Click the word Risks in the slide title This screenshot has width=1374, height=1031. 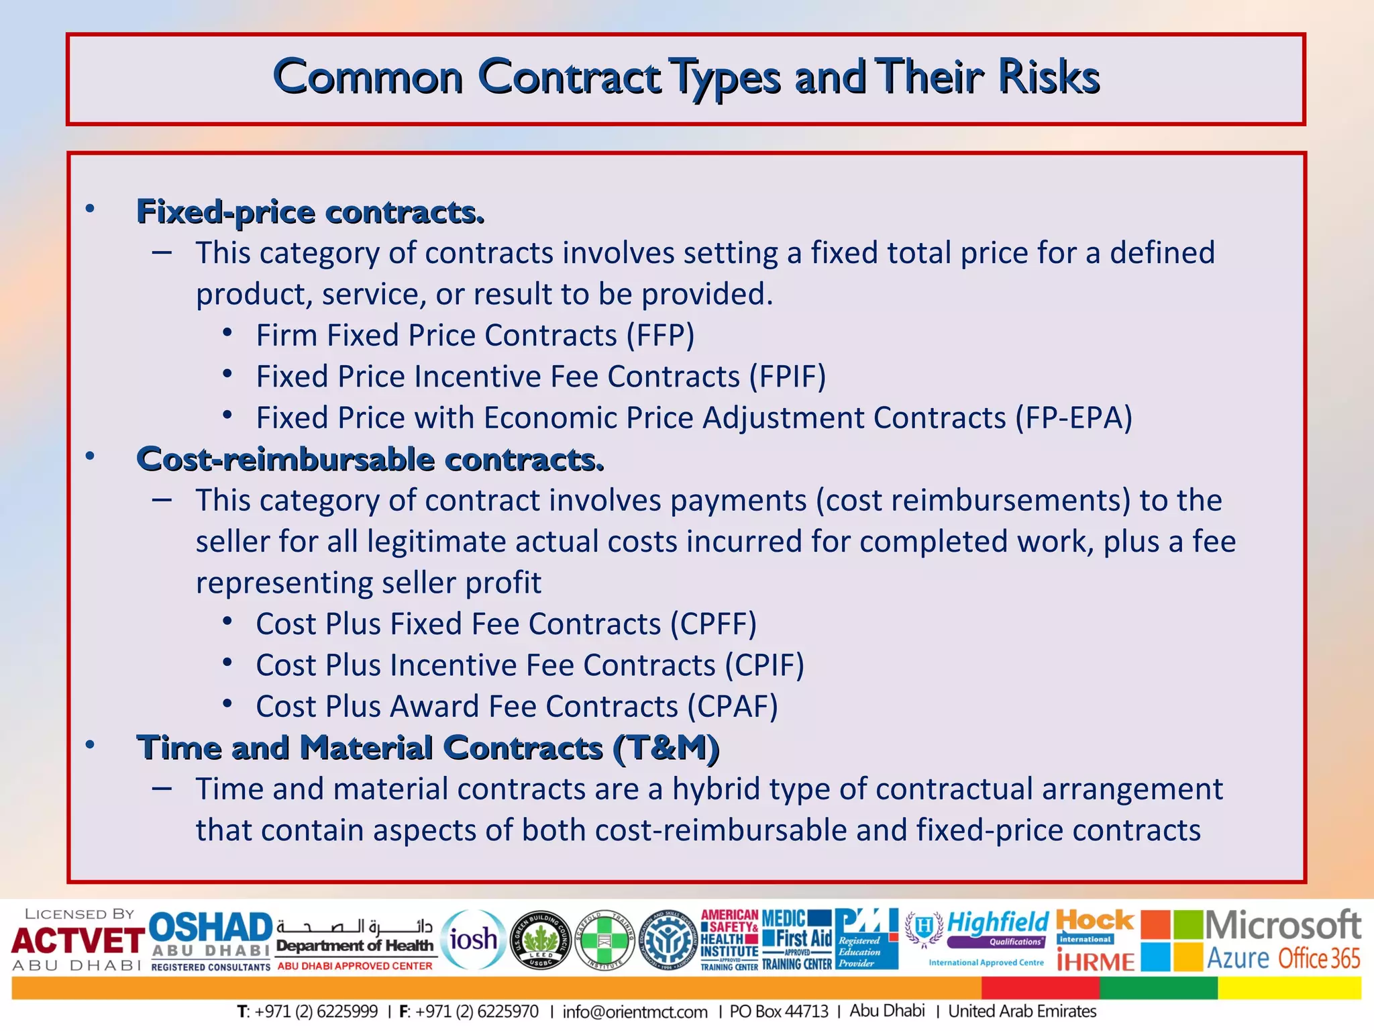click(x=1048, y=77)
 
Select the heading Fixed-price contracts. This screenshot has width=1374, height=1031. click(x=310, y=212)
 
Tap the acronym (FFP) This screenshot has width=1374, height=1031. click(x=660, y=336)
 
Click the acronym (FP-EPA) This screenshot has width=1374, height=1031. click(x=1073, y=418)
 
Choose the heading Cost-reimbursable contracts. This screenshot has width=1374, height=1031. click(x=370, y=460)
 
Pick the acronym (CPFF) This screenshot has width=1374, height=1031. click(x=714, y=624)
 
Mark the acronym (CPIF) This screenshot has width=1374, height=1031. click(x=764, y=665)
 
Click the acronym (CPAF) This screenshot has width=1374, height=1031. click(x=733, y=707)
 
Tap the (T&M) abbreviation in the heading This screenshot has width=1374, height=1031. click(x=666, y=748)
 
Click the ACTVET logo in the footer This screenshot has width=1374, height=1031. click(x=77, y=940)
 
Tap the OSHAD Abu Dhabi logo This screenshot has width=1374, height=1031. click(x=211, y=940)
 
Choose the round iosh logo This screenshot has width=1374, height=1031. click(x=473, y=940)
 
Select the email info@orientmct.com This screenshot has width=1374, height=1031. click(x=635, y=1012)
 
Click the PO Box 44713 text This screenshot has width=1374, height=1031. click(x=779, y=1012)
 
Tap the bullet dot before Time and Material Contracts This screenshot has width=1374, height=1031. click(x=90, y=746)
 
